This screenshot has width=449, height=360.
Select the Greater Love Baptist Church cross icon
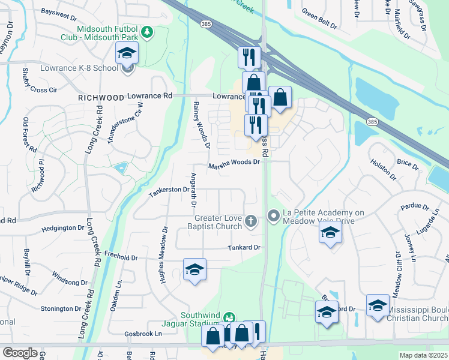pyautogui.click(x=251, y=222)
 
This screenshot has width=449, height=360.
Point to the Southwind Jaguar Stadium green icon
pyautogui.click(x=228, y=317)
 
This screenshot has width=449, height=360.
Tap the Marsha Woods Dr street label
pyautogui.click(x=234, y=163)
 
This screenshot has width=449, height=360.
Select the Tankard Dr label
pyautogui.click(x=243, y=247)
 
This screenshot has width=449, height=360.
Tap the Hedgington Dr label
pyautogui.click(x=63, y=229)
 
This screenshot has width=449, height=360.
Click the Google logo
pyautogui.click(x=20, y=353)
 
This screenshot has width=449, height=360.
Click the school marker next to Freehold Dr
pyautogui.click(x=194, y=271)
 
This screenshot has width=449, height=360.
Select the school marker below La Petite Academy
pyautogui.click(x=330, y=234)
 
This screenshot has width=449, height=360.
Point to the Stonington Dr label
pyautogui.click(x=61, y=309)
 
